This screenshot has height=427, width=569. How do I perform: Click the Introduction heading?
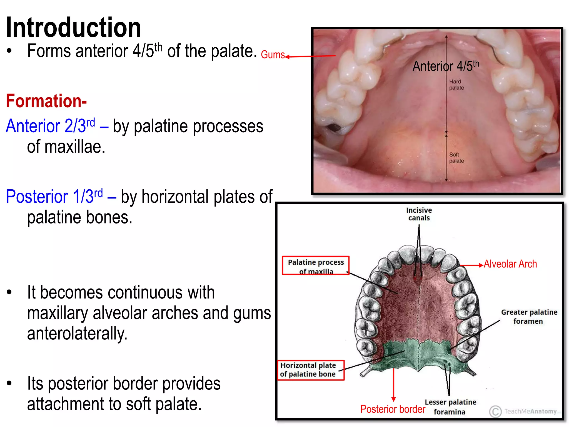(73, 28)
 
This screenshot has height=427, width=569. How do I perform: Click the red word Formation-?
(46, 101)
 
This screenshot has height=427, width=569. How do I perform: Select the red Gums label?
(273, 55)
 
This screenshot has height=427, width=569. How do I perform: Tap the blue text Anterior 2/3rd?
(51, 126)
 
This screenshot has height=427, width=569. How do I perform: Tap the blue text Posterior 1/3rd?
(54, 197)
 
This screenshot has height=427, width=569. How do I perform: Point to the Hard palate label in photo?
(456, 85)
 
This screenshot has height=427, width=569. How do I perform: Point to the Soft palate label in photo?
(456, 158)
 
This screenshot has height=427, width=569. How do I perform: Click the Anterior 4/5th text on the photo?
(446, 66)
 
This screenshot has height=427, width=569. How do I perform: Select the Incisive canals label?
(419, 214)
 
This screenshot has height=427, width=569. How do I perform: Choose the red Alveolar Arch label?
(510, 264)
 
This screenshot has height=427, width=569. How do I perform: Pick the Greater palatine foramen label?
(529, 317)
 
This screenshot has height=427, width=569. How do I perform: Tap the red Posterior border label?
(393, 409)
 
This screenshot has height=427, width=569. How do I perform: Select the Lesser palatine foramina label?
(450, 407)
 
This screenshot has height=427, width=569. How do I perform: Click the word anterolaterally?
(77, 334)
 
